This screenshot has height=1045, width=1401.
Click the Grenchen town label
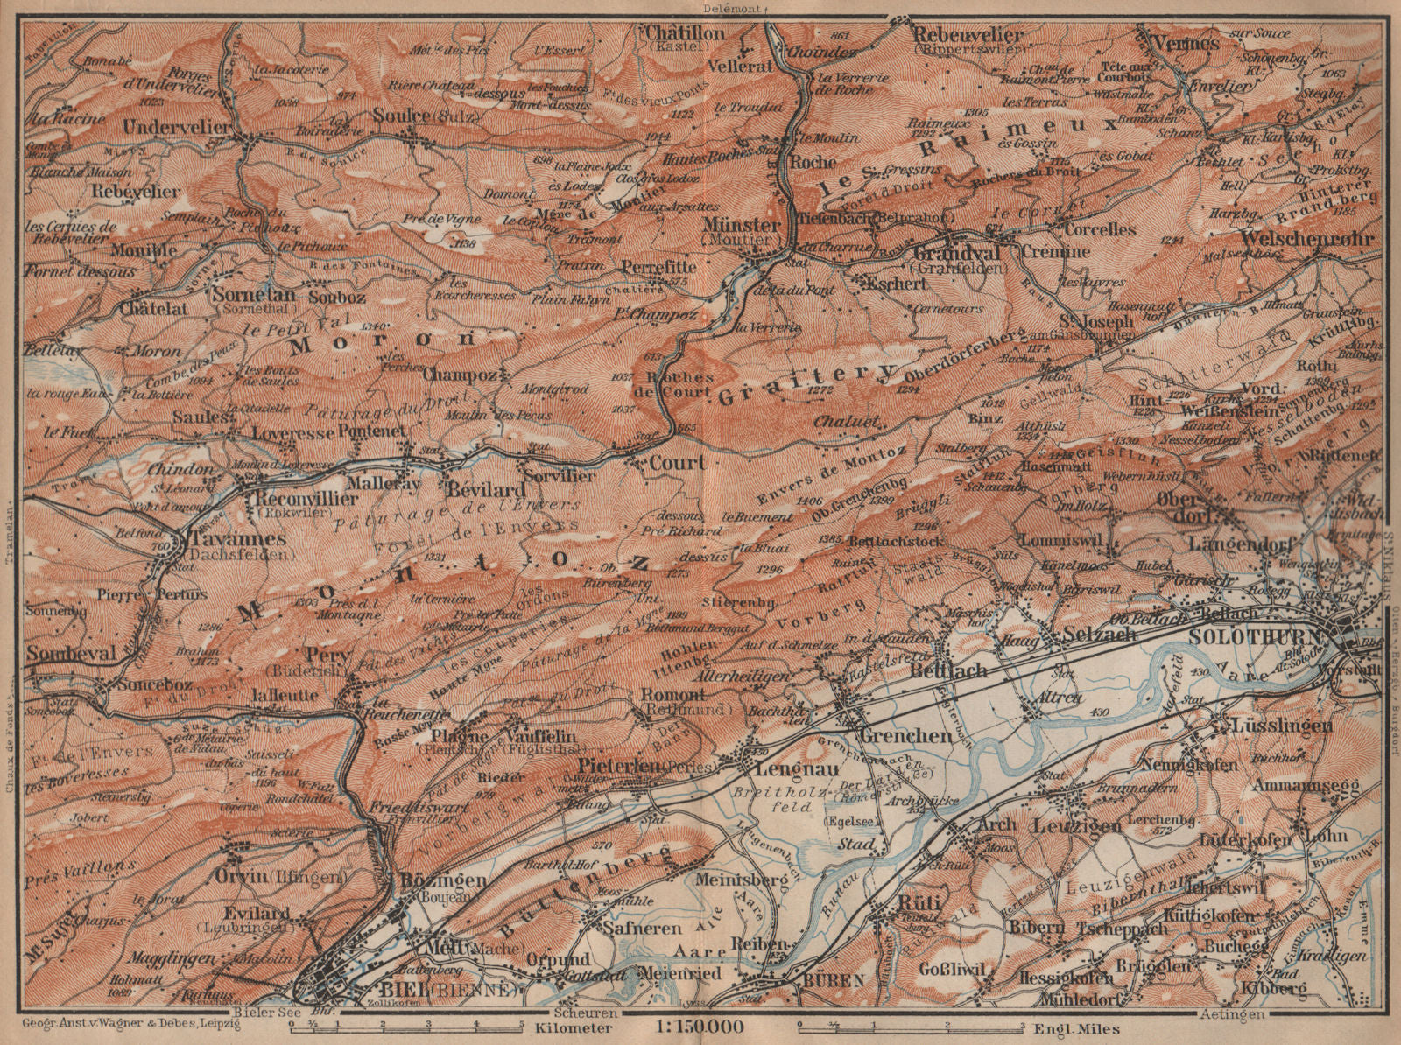tap(905, 736)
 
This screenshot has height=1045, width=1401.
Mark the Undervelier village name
tap(177, 127)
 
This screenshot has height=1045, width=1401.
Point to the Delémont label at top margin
tap(729, 9)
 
